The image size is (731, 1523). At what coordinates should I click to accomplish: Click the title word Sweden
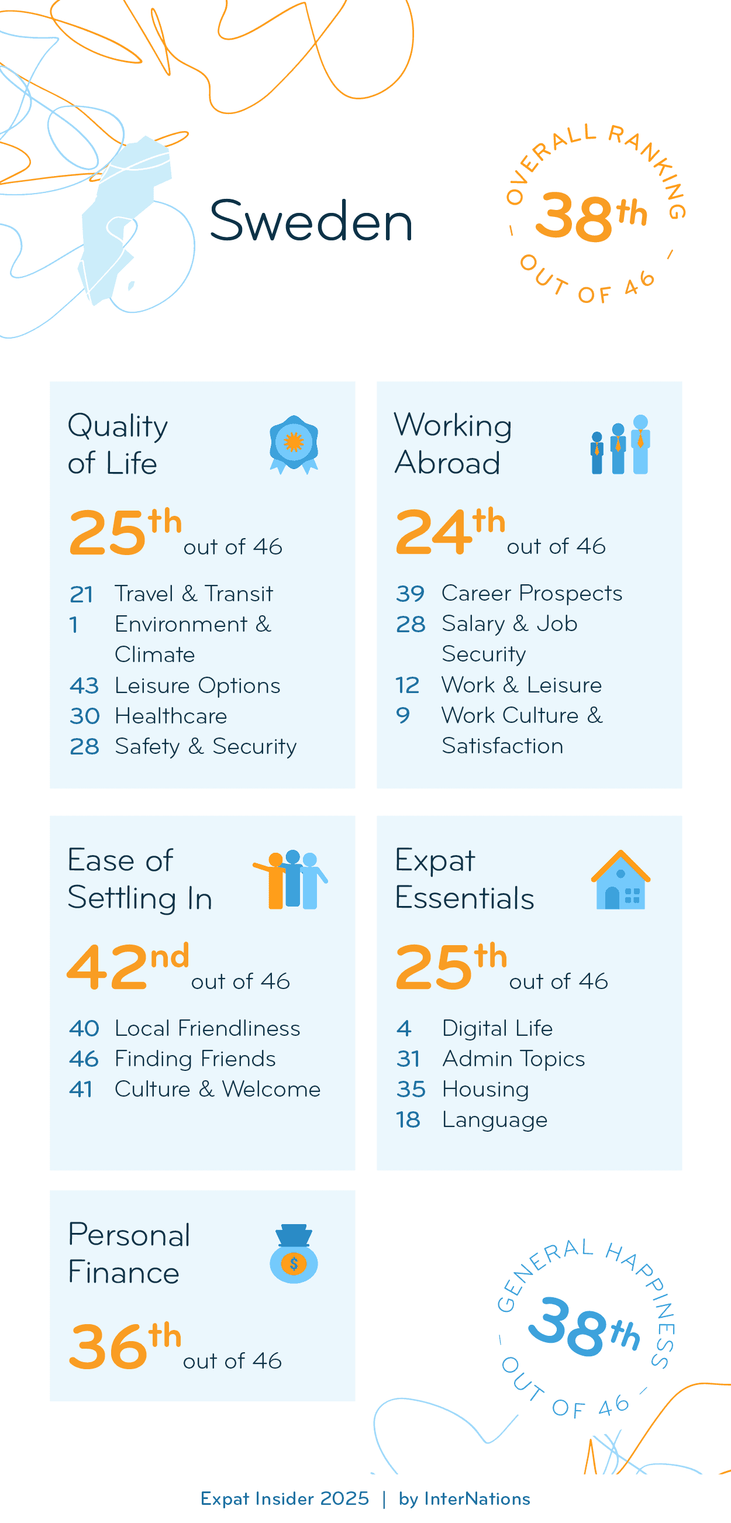coord(311,221)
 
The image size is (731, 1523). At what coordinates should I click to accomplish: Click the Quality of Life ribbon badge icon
coord(294,444)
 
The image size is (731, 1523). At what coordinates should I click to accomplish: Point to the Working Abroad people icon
coord(620,445)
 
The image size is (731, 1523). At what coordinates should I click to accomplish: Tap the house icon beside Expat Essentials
coord(620,880)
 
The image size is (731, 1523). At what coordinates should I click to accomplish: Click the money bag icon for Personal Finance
coord(294,1253)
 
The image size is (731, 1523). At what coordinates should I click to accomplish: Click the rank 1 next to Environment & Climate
coord(74,624)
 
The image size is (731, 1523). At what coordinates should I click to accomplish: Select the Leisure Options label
coord(198,685)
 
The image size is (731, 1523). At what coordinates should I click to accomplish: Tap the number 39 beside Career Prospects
coord(410,593)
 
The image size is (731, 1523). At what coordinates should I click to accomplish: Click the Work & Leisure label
coord(521,685)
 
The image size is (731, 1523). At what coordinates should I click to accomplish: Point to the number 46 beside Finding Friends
coord(83,1058)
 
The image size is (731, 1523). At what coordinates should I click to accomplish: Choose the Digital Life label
coord(497,1028)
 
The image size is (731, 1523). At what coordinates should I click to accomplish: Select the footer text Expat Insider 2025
coord(284,1499)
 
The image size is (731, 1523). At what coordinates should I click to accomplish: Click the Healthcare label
coord(171,716)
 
